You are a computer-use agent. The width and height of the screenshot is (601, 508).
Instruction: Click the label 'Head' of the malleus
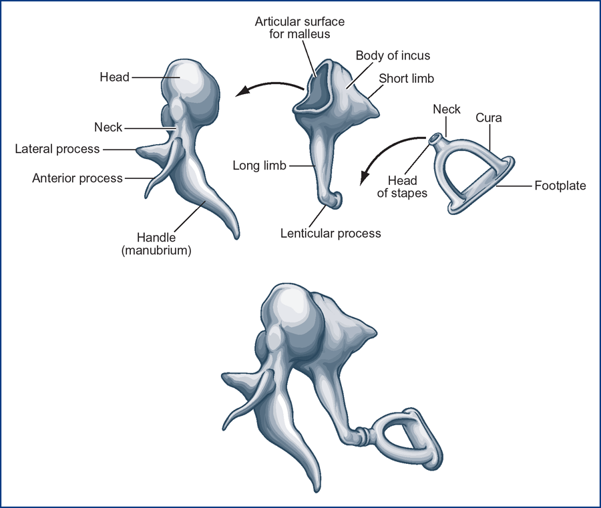pyautogui.click(x=114, y=77)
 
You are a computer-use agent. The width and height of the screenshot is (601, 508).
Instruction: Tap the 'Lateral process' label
pyautogui.click(x=57, y=149)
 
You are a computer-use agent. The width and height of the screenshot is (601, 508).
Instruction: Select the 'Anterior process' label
pyautogui.click(x=77, y=178)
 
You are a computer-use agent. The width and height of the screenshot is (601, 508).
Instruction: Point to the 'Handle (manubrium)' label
pyautogui.click(x=156, y=244)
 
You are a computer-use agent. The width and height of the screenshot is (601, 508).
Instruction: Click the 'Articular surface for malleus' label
pyautogui.click(x=300, y=27)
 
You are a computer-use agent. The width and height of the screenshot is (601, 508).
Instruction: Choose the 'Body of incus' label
pyautogui.click(x=393, y=55)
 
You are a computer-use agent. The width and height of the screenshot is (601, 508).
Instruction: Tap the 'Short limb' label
pyautogui.click(x=406, y=79)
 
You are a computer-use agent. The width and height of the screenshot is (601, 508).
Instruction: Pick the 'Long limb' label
pyautogui.click(x=260, y=166)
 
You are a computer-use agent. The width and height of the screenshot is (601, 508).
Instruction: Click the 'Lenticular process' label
pyautogui.click(x=331, y=234)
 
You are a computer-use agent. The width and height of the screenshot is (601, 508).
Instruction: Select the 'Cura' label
pyautogui.click(x=489, y=117)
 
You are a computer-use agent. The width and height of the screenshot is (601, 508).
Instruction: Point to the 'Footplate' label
pyautogui.click(x=560, y=186)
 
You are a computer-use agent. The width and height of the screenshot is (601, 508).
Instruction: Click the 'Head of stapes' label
pyautogui.click(x=402, y=186)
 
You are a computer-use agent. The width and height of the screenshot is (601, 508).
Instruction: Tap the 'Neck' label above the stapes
pyautogui.click(x=447, y=109)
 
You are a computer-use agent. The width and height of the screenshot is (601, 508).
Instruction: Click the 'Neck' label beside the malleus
pyautogui.click(x=108, y=128)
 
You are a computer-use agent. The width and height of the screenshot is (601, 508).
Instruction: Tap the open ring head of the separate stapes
pyautogui.click(x=436, y=139)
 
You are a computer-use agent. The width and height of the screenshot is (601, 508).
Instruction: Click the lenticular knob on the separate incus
pyautogui.click(x=335, y=200)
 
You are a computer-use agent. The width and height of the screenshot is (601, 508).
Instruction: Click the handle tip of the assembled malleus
pyautogui.click(x=317, y=491)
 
